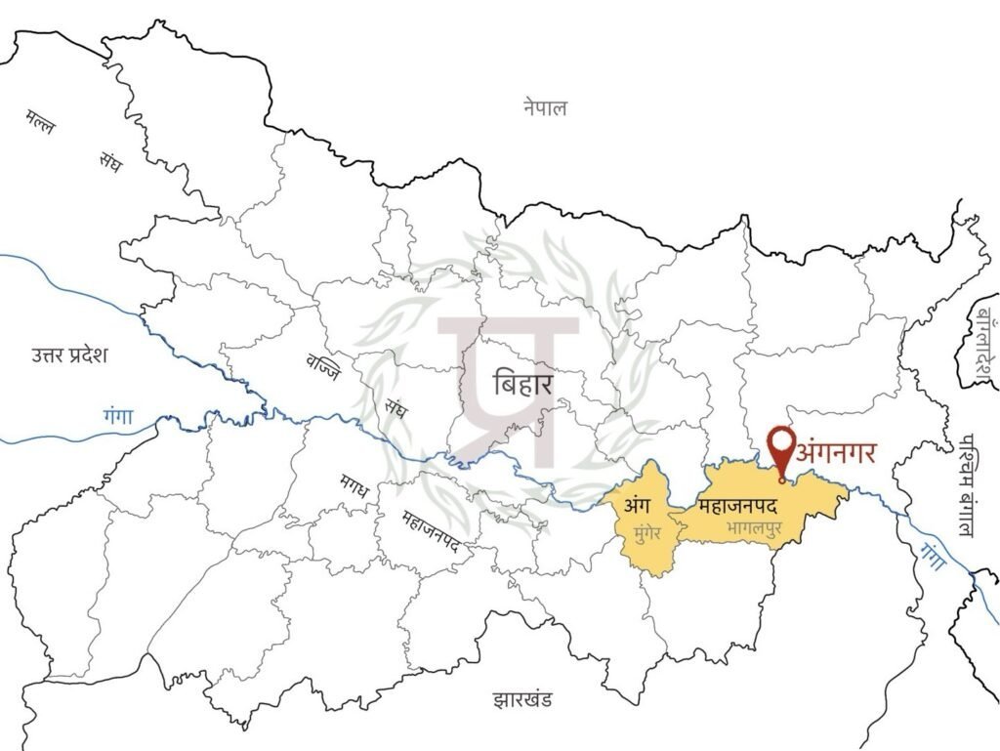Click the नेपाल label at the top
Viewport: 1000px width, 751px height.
pos(544,108)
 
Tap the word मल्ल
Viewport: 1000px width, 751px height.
pos(42,125)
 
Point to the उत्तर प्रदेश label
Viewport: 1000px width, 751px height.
pos(69,354)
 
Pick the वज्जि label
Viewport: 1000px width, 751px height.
pos(321,370)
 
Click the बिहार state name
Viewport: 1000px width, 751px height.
pos(523,382)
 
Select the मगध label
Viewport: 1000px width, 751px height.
pos(354,484)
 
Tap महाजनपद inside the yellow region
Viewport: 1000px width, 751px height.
pos(737,507)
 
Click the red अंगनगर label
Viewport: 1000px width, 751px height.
pos(836,452)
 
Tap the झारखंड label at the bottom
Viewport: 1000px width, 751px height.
pos(523,699)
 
